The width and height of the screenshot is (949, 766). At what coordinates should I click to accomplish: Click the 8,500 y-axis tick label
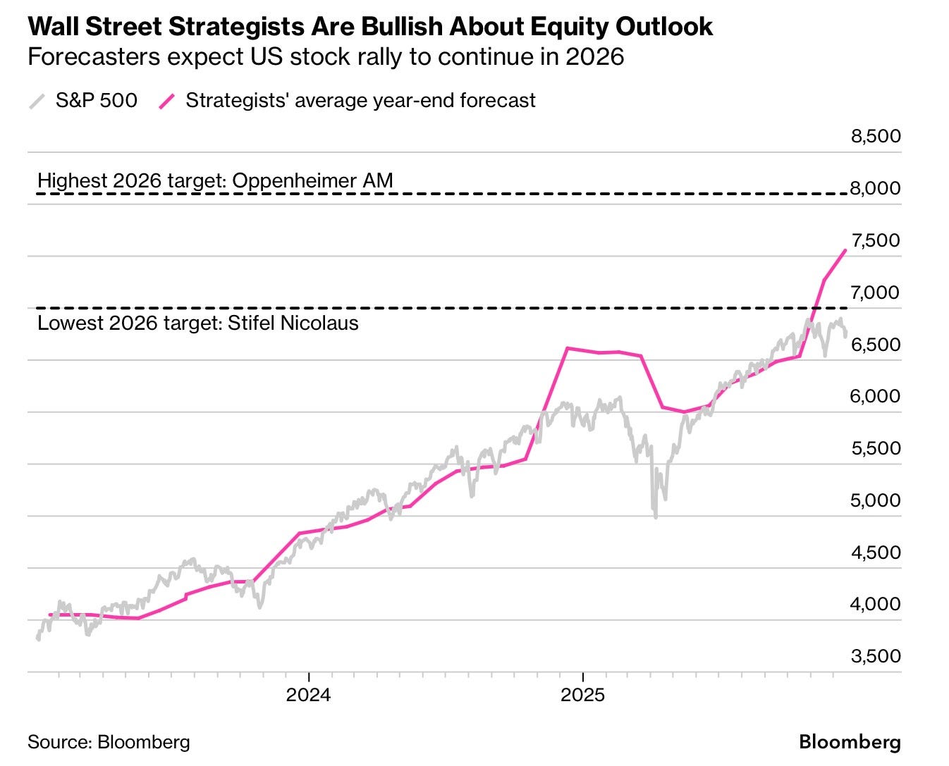click(876, 136)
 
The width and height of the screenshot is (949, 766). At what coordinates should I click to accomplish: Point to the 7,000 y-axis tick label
click(876, 292)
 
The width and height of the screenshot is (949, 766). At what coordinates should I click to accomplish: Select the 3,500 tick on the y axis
click(876, 656)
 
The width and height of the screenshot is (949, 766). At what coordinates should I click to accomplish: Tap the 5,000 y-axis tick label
click(876, 500)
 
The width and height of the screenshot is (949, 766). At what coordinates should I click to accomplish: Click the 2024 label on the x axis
click(308, 696)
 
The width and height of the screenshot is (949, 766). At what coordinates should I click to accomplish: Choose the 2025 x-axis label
click(582, 696)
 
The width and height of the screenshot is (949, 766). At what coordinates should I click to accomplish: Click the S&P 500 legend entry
click(96, 101)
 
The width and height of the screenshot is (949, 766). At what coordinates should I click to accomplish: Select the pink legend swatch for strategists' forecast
click(167, 101)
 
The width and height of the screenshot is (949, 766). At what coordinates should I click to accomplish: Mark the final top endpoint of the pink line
click(845, 250)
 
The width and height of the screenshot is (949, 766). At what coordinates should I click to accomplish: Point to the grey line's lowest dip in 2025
click(656, 517)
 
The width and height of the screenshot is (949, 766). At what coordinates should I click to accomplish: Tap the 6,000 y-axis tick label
click(876, 397)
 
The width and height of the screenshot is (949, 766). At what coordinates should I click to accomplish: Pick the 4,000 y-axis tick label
click(876, 604)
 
